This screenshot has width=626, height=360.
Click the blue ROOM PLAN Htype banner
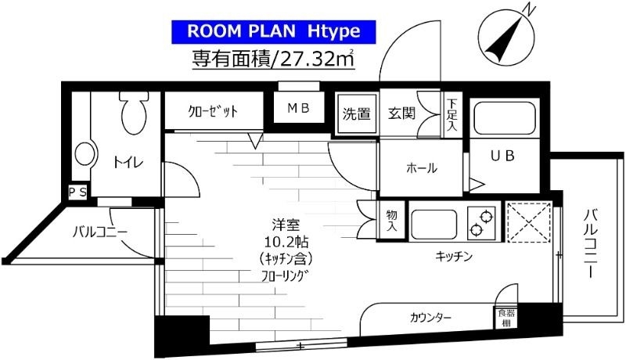274,31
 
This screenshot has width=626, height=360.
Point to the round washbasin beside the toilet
85,154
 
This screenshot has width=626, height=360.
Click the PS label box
77,193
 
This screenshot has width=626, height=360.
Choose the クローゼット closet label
213,111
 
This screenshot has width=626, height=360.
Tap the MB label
298,107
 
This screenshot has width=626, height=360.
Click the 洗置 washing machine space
357,113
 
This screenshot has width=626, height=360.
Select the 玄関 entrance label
401,113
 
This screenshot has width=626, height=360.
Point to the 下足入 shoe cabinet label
452,115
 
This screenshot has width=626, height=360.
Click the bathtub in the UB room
504,118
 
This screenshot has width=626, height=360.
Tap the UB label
502,156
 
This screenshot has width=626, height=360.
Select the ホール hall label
422,167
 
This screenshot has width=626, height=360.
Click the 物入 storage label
392,221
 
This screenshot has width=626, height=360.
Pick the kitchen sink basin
434,224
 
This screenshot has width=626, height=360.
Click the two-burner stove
481,224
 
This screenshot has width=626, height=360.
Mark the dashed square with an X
529,222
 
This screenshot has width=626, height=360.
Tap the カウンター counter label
430,318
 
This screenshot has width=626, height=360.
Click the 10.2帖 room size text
286,242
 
